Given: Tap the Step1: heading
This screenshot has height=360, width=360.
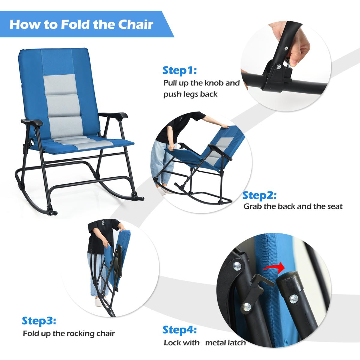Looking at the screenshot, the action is click(x=179, y=70).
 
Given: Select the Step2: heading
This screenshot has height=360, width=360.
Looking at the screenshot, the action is click(x=259, y=196).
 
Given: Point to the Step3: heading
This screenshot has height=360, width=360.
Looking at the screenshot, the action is click(x=39, y=321).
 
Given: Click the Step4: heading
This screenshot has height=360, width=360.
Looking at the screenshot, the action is click(x=179, y=330).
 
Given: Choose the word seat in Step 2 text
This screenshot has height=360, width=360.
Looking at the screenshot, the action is click(x=335, y=206).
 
